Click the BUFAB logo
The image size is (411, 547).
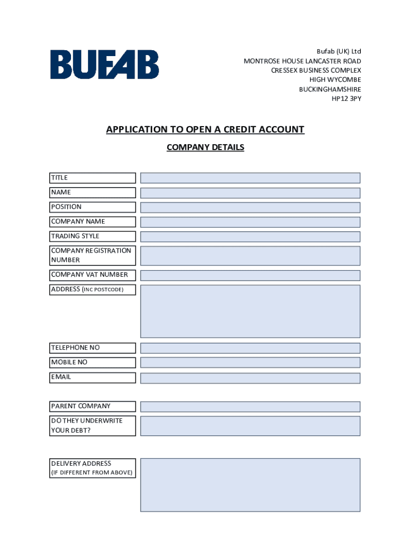pos(105,65)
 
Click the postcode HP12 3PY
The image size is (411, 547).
pos(346,99)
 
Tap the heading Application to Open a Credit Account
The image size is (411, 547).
pos(205,130)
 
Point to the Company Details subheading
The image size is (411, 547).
pos(205,147)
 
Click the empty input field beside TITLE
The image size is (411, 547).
pos(250,178)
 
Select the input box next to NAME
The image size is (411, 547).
pos(250,193)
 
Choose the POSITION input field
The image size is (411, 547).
pos(250,207)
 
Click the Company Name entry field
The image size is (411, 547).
pos(250,222)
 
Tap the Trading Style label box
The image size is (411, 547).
pos(92,236)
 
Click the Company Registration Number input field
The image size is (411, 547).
pos(250,255)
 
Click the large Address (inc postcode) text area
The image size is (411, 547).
pos(250,311)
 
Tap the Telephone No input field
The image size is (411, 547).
pos(250,348)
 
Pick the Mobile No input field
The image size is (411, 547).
pos(250,362)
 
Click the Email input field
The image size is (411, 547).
pos(250,378)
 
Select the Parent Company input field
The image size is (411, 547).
pos(250,407)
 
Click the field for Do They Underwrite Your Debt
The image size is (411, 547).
pos(250,426)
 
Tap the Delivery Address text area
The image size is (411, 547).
pos(250,485)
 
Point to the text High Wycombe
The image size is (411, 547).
pos(335,80)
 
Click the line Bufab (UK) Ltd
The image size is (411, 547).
pos(339,51)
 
